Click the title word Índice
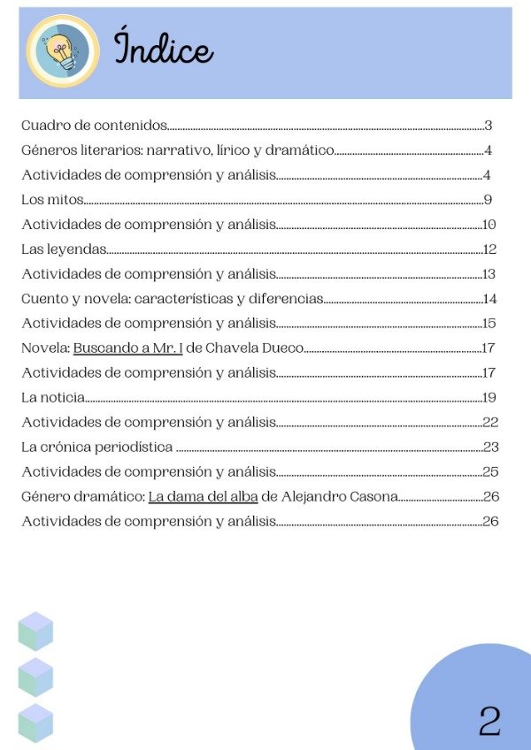[x=164, y=49]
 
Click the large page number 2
[x=489, y=721]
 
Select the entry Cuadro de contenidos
[x=94, y=126]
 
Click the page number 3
[x=488, y=126]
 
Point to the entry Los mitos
[x=52, y=200]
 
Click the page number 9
[x=488, y=200]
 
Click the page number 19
[x=489, y=397]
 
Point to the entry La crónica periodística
[x=96, y=447]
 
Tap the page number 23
[x=491, y=447]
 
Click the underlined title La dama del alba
[x=203, y=496]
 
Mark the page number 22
[x=491, y=422]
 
